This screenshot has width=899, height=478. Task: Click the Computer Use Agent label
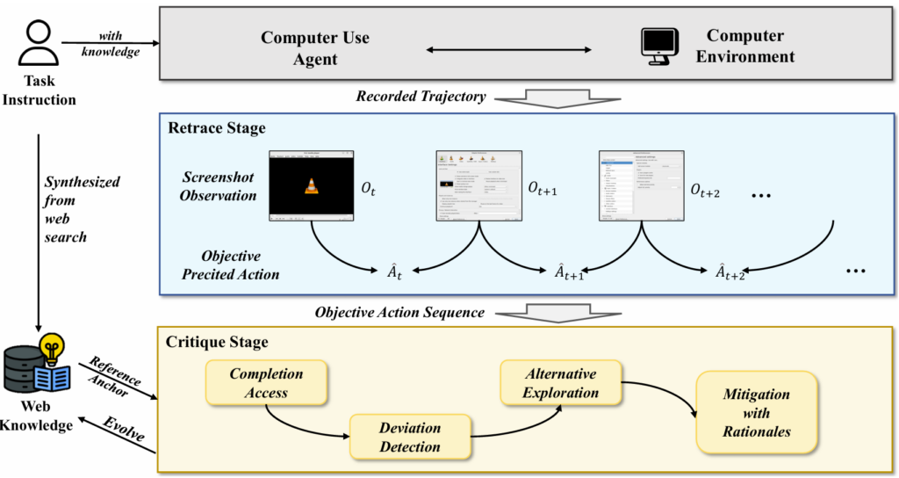pos(315,48)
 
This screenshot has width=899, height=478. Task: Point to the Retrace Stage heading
pos(216,129)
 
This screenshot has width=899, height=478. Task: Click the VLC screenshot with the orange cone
pos(311,185)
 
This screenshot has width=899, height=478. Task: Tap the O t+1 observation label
pos(545,187)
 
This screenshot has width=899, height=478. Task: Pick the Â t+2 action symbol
pos(728,272)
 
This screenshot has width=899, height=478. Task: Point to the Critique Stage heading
pos(218,341)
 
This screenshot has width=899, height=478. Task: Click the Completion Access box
pos(266,383)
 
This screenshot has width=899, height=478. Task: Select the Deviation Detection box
pos(410,437)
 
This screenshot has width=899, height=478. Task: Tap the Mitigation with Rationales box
pos(755,412)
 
